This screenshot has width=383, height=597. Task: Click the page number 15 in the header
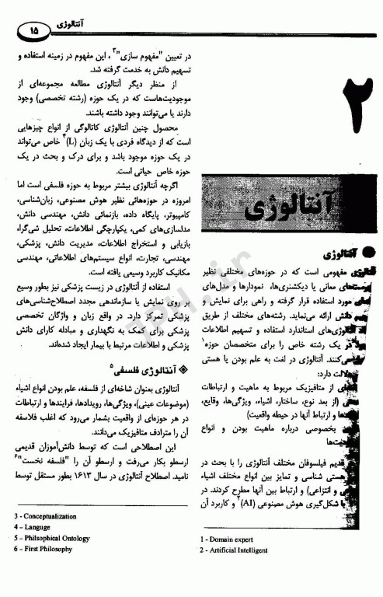(x=33, y=29)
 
